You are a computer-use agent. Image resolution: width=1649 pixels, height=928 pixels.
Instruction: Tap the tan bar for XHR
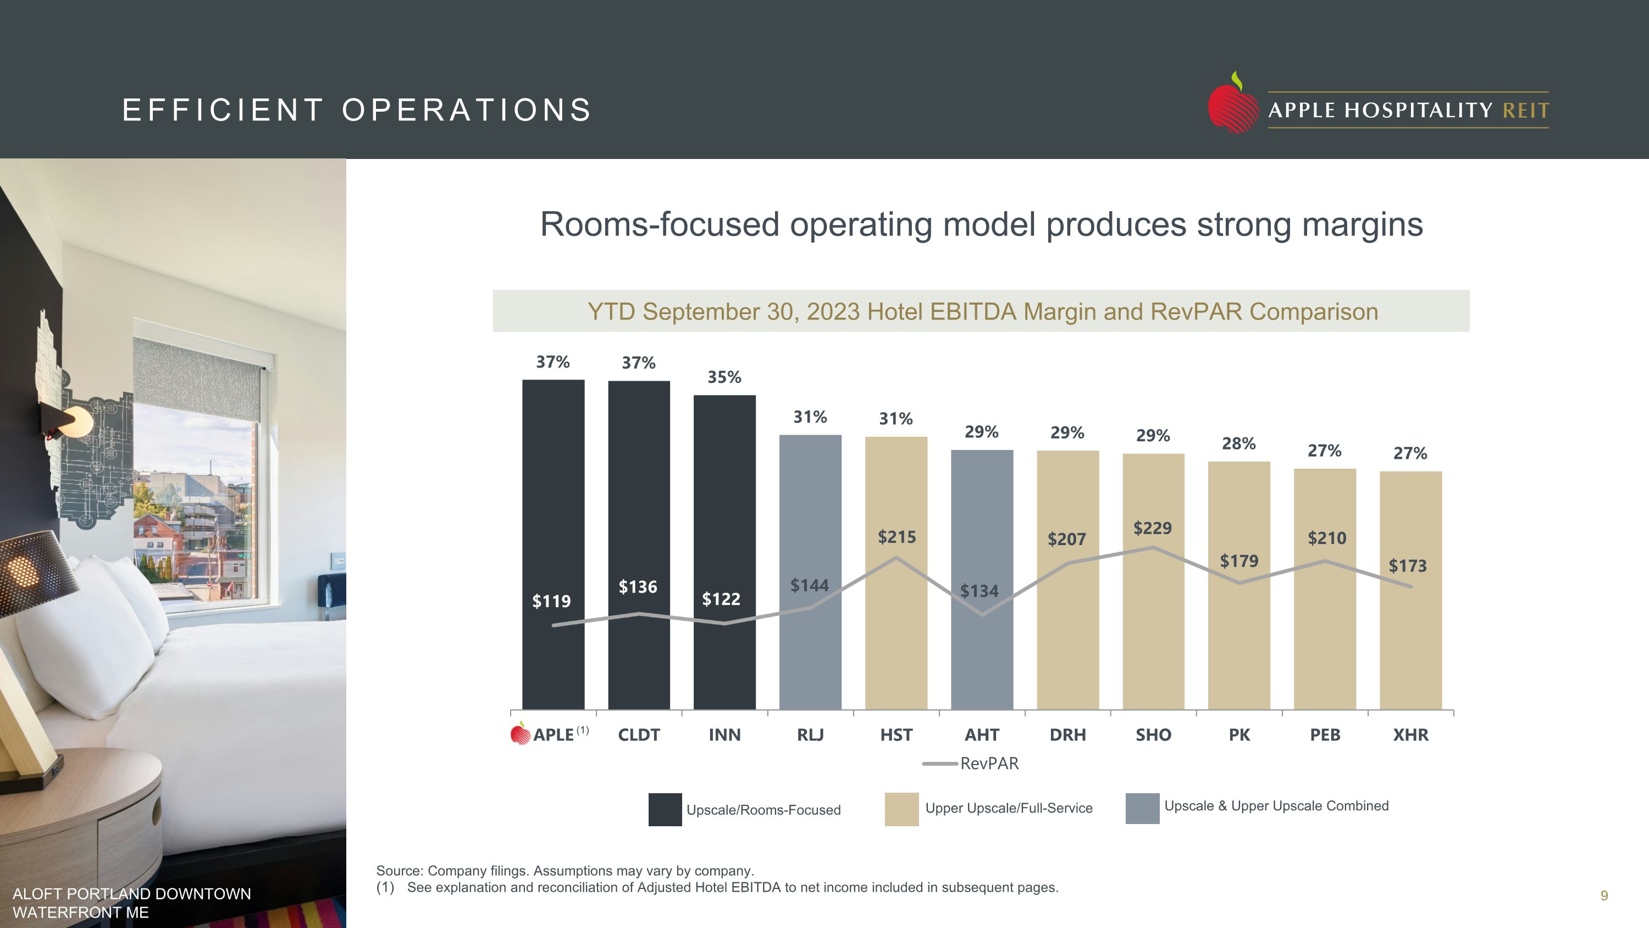coord(1410,640)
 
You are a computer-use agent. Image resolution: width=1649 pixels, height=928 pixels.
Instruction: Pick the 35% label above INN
coord(724,377)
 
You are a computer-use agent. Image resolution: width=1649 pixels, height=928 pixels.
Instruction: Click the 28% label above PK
coord(1238,444)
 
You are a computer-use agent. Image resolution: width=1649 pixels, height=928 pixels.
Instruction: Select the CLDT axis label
coord(639,734)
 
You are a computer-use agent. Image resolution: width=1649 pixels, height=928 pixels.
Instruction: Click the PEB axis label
coord(1325,734)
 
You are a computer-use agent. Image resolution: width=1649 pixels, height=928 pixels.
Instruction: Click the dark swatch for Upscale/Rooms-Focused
coord(665,810)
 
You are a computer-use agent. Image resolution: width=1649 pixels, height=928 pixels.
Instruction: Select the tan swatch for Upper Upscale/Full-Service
coord(901,809)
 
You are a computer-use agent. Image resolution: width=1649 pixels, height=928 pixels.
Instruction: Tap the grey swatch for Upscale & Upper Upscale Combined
coord(1142,808)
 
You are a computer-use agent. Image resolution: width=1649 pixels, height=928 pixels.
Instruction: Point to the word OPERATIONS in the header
coord(467,110)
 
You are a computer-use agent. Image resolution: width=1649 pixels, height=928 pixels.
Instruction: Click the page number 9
coord(1603,896)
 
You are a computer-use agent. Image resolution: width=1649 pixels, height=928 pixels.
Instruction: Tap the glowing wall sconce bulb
coord(78,422)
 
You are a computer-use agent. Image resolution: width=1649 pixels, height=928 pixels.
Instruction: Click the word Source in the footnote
coord(400,871)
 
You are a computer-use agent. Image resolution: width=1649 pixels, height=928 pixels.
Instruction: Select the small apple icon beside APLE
coord(521,733)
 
